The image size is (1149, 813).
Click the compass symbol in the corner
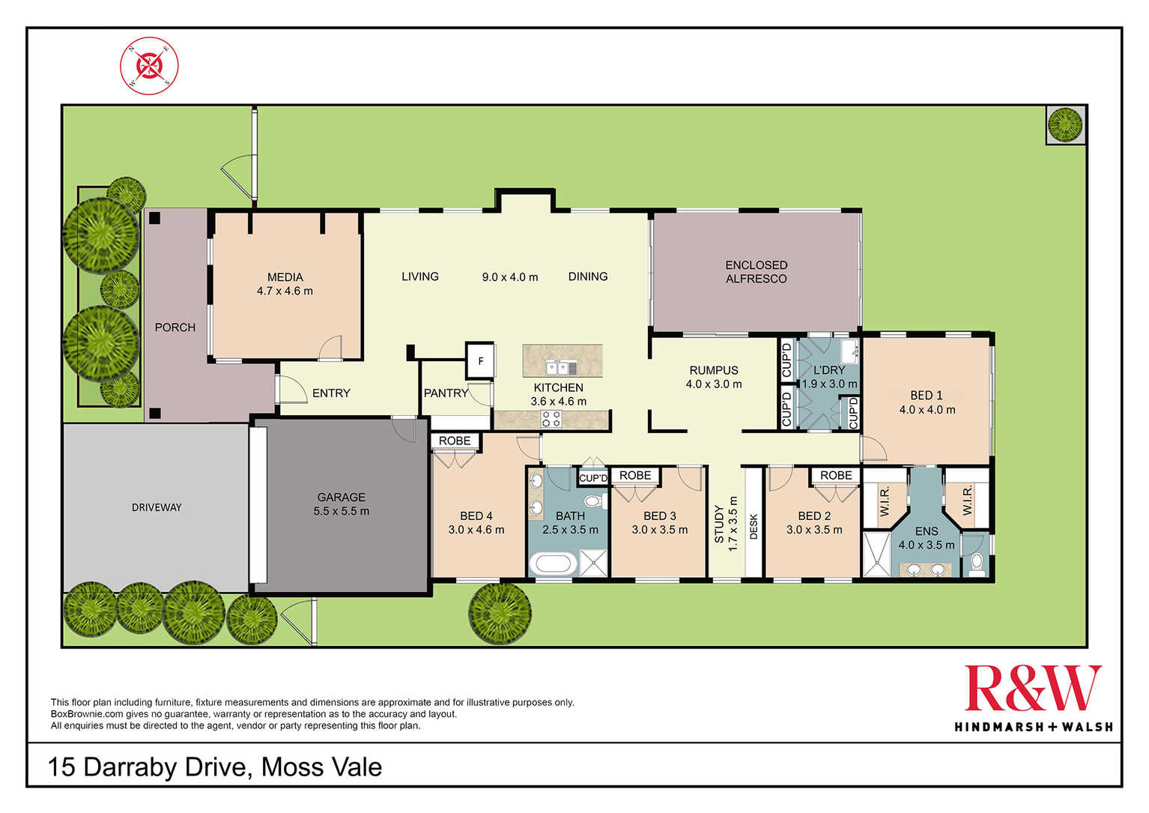149,66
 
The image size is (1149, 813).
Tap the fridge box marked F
480,361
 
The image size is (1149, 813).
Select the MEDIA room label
285,277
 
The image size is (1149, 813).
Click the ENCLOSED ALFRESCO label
756,272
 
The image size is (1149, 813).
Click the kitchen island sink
562,368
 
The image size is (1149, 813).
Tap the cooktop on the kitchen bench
551,419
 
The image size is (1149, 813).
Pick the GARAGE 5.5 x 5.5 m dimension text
341,511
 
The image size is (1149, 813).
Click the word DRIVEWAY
157,507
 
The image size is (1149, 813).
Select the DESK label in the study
754,527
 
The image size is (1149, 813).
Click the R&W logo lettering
1033,689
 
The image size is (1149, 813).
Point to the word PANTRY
446,393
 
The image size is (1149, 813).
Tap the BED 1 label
927,395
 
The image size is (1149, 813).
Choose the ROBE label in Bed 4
455,441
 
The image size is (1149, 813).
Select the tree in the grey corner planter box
1065,124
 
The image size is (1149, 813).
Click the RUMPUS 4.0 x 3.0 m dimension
714,384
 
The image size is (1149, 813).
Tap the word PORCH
175,327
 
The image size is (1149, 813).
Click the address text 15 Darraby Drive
148,767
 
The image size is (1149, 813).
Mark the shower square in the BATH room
593,563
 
